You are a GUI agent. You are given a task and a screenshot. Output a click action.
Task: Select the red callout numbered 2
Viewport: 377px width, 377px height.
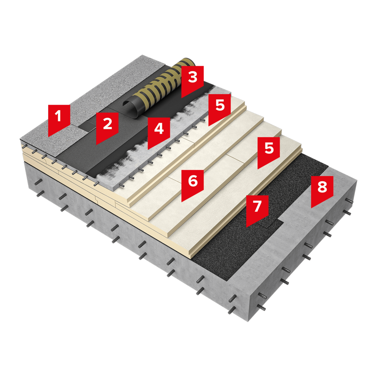[107, 127]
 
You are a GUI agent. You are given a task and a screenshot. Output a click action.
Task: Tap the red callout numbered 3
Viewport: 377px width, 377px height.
[192, 81]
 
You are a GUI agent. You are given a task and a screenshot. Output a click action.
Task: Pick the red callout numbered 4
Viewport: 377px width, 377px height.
[159, 132]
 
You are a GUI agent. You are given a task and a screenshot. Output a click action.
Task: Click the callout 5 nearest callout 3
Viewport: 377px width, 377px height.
[219, 108]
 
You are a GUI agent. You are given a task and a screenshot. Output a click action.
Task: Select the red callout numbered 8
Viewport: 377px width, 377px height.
[322, 190]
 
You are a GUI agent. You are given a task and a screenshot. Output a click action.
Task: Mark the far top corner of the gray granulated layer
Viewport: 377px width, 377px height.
[142, 55]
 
